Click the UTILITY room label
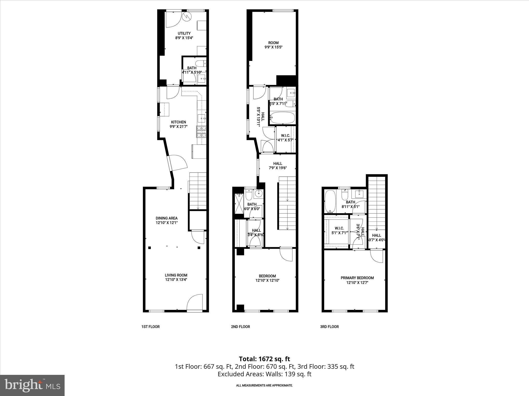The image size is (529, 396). (184, 33)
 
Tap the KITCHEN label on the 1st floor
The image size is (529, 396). (178, 122)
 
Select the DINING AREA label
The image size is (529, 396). (167, 218)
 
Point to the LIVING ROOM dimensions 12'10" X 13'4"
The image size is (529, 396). (176, 279)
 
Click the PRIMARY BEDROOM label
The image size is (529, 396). (357, 278)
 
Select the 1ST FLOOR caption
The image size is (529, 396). (150, 327)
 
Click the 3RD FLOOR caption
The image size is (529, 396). (329, 327)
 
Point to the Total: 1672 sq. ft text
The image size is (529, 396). (264, 359)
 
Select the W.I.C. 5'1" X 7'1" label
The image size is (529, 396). (339, 230)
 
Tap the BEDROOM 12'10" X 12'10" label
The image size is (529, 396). (267, 278)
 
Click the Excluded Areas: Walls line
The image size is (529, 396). (264, 374)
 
